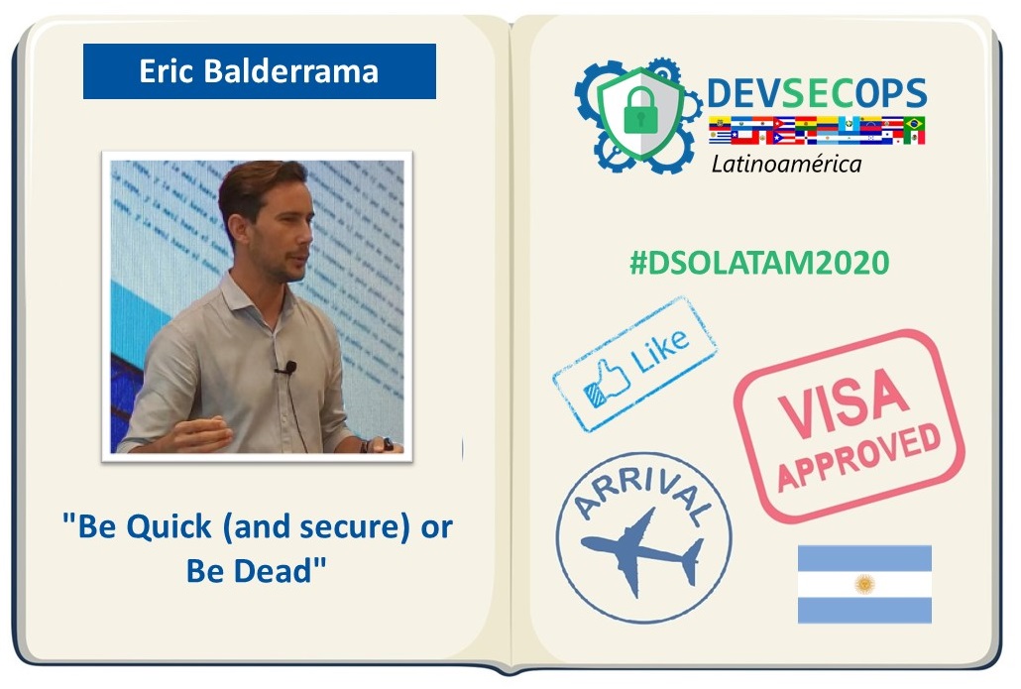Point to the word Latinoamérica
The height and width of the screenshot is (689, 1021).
click(x=786, y=164)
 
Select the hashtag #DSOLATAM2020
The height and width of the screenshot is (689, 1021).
click(x=759, y=263)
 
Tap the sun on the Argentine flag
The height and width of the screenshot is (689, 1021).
click(x=864, y=584)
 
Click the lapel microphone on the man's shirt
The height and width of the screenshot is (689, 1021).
click(x=288, y=368)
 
